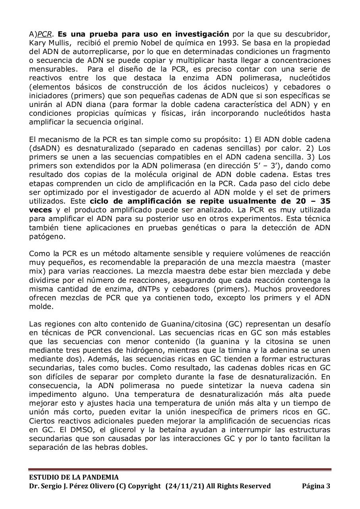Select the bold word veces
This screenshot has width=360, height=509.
[x=40, y=210]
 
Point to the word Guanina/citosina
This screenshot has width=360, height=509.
[x=191, y=324]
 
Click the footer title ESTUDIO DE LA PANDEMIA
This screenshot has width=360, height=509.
[x=74, y=477]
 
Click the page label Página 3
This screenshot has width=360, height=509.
[x=316, y=486]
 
